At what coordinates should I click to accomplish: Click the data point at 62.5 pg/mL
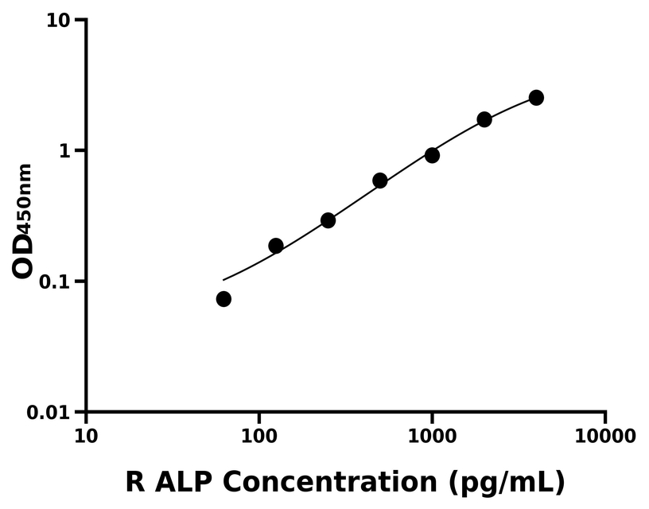coord(223,299)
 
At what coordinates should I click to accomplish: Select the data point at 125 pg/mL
coord(276,246)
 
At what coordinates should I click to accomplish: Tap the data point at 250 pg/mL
coord(328,220)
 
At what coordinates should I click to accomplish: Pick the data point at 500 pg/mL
coord(380,181)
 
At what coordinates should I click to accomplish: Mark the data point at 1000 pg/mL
coord(432,155)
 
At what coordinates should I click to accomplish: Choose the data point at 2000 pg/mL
coord(484,119)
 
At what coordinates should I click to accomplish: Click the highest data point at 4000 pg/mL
coord(536,98)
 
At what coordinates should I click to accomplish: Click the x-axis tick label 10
coord(86,436)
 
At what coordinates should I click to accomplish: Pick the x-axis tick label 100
coord(259,436)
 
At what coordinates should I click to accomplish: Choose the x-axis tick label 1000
coord(432,436)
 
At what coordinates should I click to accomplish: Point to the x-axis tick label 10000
coord(605,436)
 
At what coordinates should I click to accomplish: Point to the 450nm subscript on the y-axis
coord(25,196)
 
